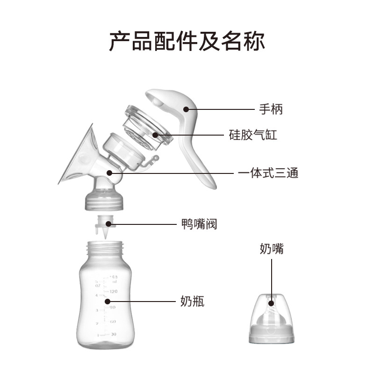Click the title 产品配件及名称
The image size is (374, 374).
[187, 41]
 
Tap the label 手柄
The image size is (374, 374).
[271, 110]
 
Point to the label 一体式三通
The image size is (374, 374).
[268, 173]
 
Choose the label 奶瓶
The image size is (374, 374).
[192, 302]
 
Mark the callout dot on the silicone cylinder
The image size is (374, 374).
[154, 136]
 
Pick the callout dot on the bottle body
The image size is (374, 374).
[107, 302]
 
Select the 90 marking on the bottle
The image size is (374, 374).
[113, 307]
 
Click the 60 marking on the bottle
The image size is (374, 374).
[113, 322]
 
